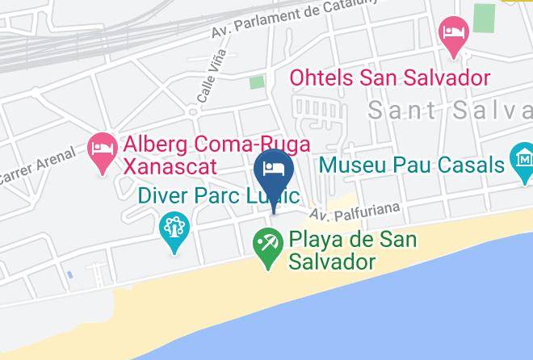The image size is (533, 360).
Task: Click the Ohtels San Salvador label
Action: tap(390, 78)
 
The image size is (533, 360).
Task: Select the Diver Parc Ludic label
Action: tap(218, 196)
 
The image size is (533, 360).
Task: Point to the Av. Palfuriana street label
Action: tap(355, 211)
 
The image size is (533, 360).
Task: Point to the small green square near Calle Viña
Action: tap(257, 82)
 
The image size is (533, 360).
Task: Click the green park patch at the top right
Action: tap(485, 18)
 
